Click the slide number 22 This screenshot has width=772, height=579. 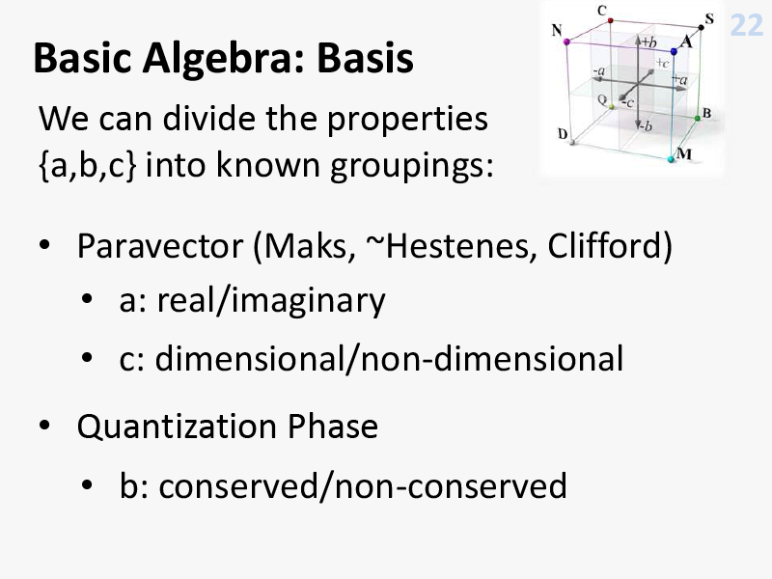tap(746, 25)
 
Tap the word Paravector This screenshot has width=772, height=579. tap(160, 246)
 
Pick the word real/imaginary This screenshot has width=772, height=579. tap(271, 301)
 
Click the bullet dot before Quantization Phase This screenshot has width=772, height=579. tap(44, 426)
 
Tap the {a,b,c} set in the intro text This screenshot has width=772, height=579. tap(87, 165)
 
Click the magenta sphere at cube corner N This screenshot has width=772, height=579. tap(566, 42)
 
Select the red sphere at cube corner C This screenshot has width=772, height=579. tap(611, 20)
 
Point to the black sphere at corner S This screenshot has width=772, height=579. tap(702, 27)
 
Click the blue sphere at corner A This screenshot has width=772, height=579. tap(674, 51)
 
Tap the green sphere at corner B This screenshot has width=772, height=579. tap(697, 118)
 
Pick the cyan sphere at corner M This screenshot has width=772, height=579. tap(670, 159)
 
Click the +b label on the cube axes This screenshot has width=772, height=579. tap(648, 41)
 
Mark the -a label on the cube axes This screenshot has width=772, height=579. tap(598, 71)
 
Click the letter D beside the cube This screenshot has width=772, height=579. tap(563, 133)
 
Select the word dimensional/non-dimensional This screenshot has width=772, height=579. tap(389, 358)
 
